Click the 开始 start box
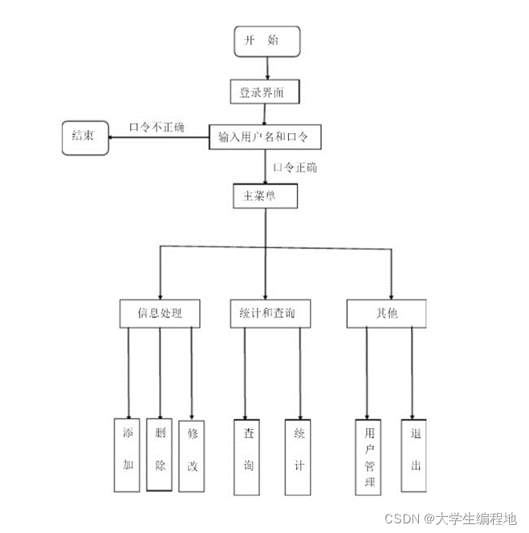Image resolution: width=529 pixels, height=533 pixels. pyautogui.click(x=267, y=41)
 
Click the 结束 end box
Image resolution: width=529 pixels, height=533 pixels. pyautogui.click(x=84, y=137)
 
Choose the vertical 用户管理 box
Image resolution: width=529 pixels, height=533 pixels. pyautogui.click(x=367, y=455)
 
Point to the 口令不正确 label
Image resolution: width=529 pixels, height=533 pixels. pyautogui.click(x=157, y=127)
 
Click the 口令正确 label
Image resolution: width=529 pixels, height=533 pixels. pyautogui.click(x=295, y=168)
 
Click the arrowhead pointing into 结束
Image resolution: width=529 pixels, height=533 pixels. pyautogui.click(x=112, y=137)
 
